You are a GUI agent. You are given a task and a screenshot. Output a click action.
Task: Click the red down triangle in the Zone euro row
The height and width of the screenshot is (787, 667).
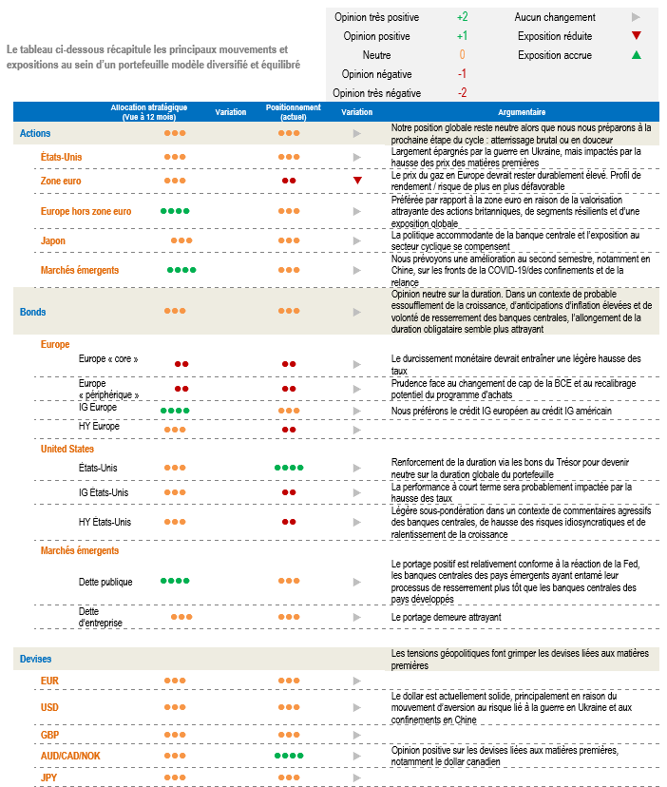point(357,180)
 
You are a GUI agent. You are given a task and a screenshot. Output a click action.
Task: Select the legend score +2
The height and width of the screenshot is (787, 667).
point(462,17)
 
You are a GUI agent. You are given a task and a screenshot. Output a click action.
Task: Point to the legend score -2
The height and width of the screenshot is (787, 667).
point(462,93)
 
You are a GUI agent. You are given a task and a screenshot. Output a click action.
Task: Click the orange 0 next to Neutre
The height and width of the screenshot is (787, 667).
point(462,55)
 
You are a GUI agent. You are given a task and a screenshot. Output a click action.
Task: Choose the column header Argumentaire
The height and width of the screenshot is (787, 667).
point(521,112)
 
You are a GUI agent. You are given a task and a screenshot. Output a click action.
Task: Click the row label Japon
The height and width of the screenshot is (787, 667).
point(53,240)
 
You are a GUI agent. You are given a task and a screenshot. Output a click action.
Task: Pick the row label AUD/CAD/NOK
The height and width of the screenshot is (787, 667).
point(70,756)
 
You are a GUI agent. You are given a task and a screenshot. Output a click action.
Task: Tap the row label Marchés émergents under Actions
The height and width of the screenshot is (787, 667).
point(80,270)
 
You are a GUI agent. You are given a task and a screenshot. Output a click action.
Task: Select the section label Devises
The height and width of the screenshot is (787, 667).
point(36,659)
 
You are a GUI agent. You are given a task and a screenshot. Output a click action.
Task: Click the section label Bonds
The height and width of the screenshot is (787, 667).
point(33,312)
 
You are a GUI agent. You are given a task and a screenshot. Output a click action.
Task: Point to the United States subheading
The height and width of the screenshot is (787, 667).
point(67,448)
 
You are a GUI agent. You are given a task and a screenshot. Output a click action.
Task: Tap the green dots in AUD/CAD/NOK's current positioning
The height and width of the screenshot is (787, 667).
point(289,756)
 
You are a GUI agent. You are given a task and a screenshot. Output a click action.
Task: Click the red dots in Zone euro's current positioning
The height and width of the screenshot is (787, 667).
point(289,180)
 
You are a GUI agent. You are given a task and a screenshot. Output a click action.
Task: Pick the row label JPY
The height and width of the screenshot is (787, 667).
point(49,777)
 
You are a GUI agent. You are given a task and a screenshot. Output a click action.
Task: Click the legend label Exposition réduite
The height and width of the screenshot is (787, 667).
point(555,36)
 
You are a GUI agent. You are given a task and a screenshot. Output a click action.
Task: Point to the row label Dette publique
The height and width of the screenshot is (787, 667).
point(105,581)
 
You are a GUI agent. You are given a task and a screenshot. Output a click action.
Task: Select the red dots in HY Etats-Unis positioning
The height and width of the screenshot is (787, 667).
point(289,522)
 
